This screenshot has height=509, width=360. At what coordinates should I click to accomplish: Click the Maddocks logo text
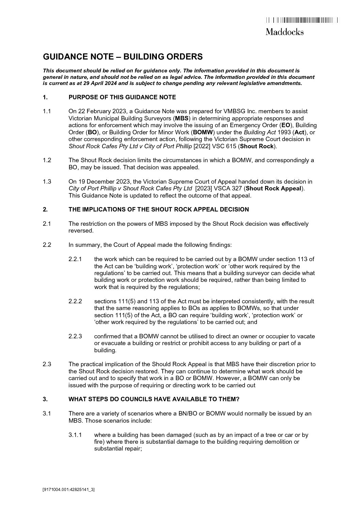284,32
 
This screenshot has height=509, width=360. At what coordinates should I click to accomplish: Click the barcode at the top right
301,20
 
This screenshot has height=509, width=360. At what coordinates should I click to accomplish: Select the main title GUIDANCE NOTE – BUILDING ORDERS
123,57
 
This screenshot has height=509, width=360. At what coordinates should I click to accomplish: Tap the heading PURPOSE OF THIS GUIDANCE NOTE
122,97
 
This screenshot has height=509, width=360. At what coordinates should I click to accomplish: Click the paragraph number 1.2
47,160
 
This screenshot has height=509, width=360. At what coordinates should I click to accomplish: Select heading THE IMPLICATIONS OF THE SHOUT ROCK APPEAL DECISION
159,209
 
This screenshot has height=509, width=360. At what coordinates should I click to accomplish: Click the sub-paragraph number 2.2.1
75,259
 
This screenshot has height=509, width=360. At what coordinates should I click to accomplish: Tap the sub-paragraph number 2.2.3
75,336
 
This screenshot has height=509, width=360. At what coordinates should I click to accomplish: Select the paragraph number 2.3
47,364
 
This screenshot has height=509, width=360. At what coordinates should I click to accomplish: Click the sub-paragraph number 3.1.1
75,435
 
